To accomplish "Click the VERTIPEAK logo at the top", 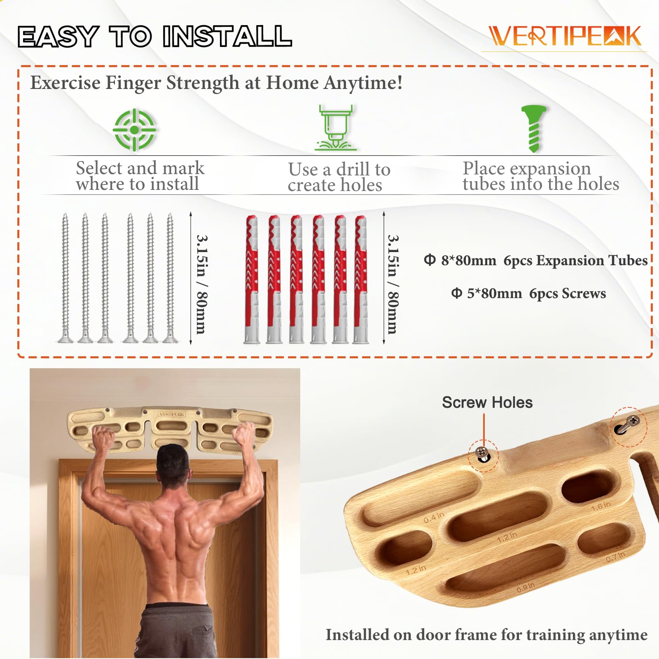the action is point(565,36).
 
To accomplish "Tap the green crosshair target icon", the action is point(134,130).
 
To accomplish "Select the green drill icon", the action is point(335,128).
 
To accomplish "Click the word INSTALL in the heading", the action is point(227,36).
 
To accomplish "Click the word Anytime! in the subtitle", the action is point(363,82).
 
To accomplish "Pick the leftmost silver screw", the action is point(65,278).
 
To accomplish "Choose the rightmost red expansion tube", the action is point(361,279).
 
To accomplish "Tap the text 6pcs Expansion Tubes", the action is point(575,261).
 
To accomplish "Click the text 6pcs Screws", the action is point(567,294).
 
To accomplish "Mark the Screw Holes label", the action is point(487,402).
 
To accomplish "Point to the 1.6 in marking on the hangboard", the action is point(601,506).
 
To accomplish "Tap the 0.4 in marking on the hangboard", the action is point(434,517).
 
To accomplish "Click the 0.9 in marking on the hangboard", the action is point(526,588).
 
